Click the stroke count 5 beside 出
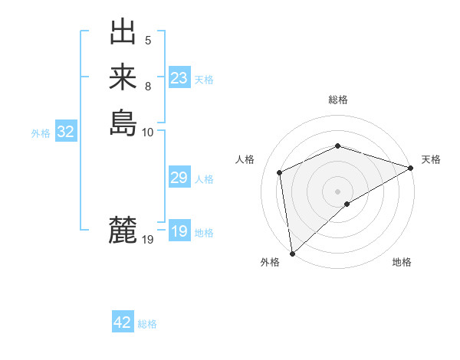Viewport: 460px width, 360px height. click(148, 41)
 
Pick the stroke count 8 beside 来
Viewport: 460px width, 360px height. click(148, 86)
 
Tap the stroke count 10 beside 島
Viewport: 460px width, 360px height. click(148, 132)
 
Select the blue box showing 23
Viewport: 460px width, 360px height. click(179, 78)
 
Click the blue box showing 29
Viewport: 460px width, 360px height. click(179, 178)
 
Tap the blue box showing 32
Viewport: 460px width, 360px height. click(65, 132)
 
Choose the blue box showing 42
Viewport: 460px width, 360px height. click(122, 322)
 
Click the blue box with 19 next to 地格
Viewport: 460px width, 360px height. click(179, 231)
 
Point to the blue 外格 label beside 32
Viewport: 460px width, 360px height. click(41, 133)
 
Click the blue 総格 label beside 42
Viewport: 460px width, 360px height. click(147, 324)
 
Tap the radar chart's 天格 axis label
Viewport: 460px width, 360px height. click(431, 159)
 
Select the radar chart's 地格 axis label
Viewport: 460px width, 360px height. click(402, 262)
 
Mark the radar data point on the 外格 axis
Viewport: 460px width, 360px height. click(292, 254)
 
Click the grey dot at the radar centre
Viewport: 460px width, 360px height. click(337, 191)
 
